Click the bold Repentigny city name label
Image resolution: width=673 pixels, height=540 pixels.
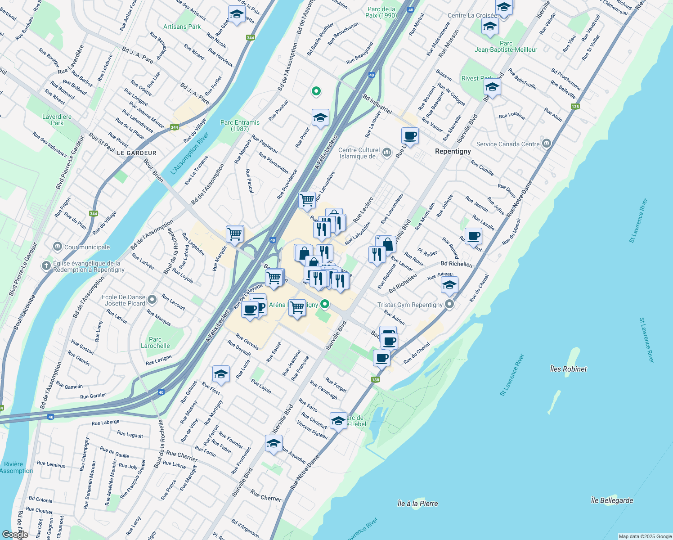pyautogui.click(x=453, y=151)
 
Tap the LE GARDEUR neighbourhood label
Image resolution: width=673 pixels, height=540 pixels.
pyautogui.click(x=136, y=153)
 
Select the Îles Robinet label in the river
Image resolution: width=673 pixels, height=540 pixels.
pyautogui.click(x=568, y=369)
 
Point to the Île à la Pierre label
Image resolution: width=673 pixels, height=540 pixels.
pyautogui.click(x=417, y=504)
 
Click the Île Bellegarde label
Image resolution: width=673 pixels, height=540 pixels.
pyautogui.click(x=611, y=500)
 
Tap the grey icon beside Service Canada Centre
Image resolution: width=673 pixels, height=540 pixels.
pyautogui.click(x=547, y=144)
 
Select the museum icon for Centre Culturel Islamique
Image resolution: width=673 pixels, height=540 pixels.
pyautogui.click(x=386, y=153)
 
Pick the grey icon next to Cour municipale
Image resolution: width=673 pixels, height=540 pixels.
pyautogui.click(x=58, y=247)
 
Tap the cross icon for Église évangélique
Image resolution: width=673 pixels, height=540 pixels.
pyautogui.click(x=46, y=265)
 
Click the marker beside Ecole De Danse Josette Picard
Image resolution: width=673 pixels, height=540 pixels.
pyautogui.click(x=153, y=299)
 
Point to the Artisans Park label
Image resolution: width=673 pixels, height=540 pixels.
pyautogui.click(x=182, y=27)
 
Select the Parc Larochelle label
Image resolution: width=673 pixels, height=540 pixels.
pyautogui.click(x=155, y=342)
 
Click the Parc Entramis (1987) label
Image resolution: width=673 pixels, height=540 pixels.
pyautogui.click(x=240, y=126)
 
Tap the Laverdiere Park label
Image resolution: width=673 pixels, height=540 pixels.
pyautogui.click(x=57, y=120)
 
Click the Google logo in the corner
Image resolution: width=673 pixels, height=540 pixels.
pyautogui.click(x=15, y=534)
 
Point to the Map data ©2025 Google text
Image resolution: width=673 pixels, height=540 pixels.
pyautogui.click(x=645, y=536)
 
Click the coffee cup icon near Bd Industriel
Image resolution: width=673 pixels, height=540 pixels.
pyautogui.click(x=410, y=135)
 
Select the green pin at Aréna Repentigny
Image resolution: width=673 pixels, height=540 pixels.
pyautogui.click(x=324, y=304)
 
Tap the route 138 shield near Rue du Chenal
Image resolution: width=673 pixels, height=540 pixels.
pyautogui.click(x=376, y=380)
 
